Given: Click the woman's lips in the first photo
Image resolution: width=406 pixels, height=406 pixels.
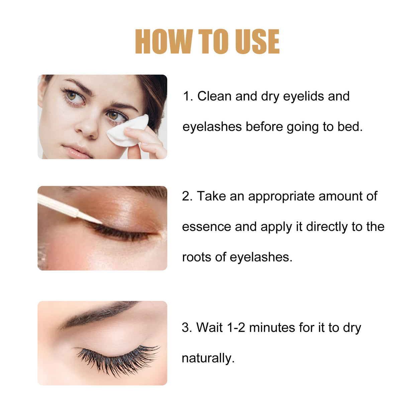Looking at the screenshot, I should point(77,151).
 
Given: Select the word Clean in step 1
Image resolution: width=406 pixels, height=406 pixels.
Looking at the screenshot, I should point(214,96).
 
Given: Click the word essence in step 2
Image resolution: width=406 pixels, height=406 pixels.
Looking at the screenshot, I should point(206,227).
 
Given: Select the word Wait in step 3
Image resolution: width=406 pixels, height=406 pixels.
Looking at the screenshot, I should point(209,327).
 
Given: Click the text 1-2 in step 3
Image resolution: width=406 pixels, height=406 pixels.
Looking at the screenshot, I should point(236,327).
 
